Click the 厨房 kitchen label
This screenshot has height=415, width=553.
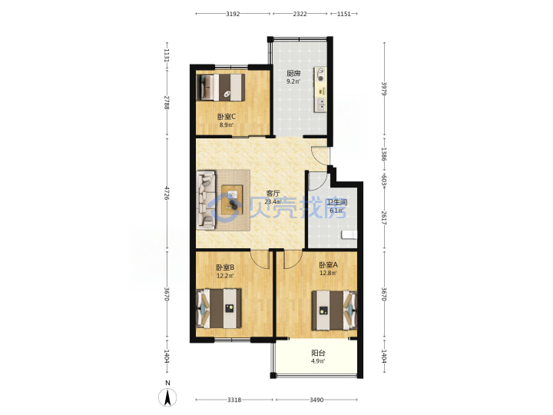point(293,74)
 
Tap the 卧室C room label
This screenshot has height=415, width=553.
point(227,117)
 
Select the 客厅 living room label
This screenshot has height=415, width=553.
point(273,194)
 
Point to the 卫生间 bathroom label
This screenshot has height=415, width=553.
point(337,202)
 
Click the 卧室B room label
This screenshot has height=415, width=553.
point(225,267)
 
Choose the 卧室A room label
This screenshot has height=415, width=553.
point(329,264)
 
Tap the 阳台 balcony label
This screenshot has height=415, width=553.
point(318,353)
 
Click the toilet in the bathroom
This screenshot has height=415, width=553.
point(349,234)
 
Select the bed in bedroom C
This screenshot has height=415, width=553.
point(220,87)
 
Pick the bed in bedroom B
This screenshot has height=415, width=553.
point(219,308)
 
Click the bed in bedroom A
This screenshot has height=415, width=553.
point(334,310)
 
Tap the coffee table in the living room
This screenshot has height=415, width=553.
point(232,200)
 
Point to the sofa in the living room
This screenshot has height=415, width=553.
point(206,200)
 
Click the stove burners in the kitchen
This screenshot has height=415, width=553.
point(320,75)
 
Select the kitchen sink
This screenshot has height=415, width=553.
point(321,104)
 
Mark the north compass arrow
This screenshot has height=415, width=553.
point(168,397)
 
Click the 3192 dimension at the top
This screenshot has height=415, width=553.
point(233,14)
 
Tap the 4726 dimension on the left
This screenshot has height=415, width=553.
point(166,193)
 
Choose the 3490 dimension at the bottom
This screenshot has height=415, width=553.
point(316,400)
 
